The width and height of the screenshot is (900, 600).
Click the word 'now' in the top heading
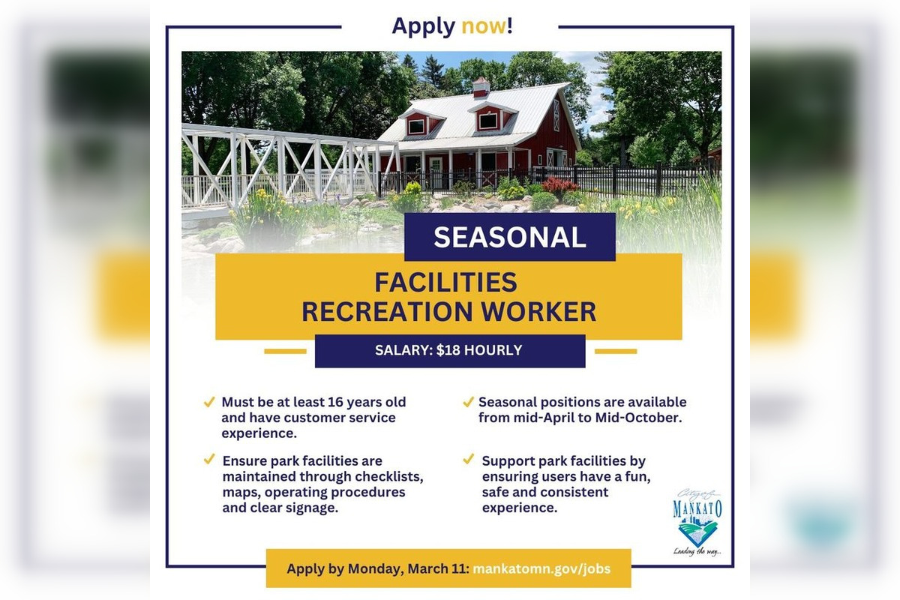[x=484, y=26]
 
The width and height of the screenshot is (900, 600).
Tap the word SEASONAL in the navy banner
[x=510, y=237]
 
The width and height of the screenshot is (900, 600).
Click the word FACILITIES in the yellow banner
[x=445, y=283]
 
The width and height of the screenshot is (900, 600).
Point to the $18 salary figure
[x=448, y=350]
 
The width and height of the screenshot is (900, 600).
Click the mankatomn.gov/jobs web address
[x=541, y=568]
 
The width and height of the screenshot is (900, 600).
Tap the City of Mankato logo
[x=697, y=522]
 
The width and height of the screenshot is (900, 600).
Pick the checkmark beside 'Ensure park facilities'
[x=209, y=459]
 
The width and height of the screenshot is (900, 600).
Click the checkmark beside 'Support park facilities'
[x=468, y=459]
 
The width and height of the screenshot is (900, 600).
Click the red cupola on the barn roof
[x=481, y=87]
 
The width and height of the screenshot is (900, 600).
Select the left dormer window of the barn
[x=416, y=126]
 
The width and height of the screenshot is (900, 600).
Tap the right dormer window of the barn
[x=488, y=120]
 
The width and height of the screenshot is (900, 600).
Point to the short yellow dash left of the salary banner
[x=285, y=351]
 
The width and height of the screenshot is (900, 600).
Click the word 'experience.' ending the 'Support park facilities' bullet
[x=520, y=508]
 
